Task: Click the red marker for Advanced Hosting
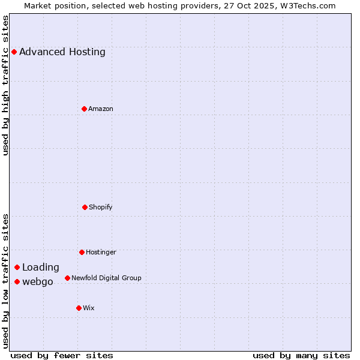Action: [x=14, y=52]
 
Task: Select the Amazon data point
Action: [x=85, y=109]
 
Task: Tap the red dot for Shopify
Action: [x=85, y=207]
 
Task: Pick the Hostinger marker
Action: [x=82, y=252]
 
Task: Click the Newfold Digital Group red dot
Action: [x=67, y=278]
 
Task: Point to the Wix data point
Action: [x=79, y=308]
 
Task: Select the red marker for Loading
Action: [x=17, y=267]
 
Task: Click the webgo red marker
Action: [x=17, y=281]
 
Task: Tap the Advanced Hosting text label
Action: [x=62, y=52]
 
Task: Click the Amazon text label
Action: [x=101, y=109]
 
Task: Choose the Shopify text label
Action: [x=101, y=207]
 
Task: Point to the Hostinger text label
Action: [x=101, y=252]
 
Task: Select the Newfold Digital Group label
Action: [x=106, y=278]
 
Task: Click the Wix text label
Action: [x=89, y=308]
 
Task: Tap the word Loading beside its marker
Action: [x=41, y=267]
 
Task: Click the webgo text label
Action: [x=38, y=281]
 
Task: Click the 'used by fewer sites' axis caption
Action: [x=62, y=355]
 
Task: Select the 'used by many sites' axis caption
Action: [x=301, y=355]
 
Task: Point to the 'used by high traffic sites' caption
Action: [x=5, y=85]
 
